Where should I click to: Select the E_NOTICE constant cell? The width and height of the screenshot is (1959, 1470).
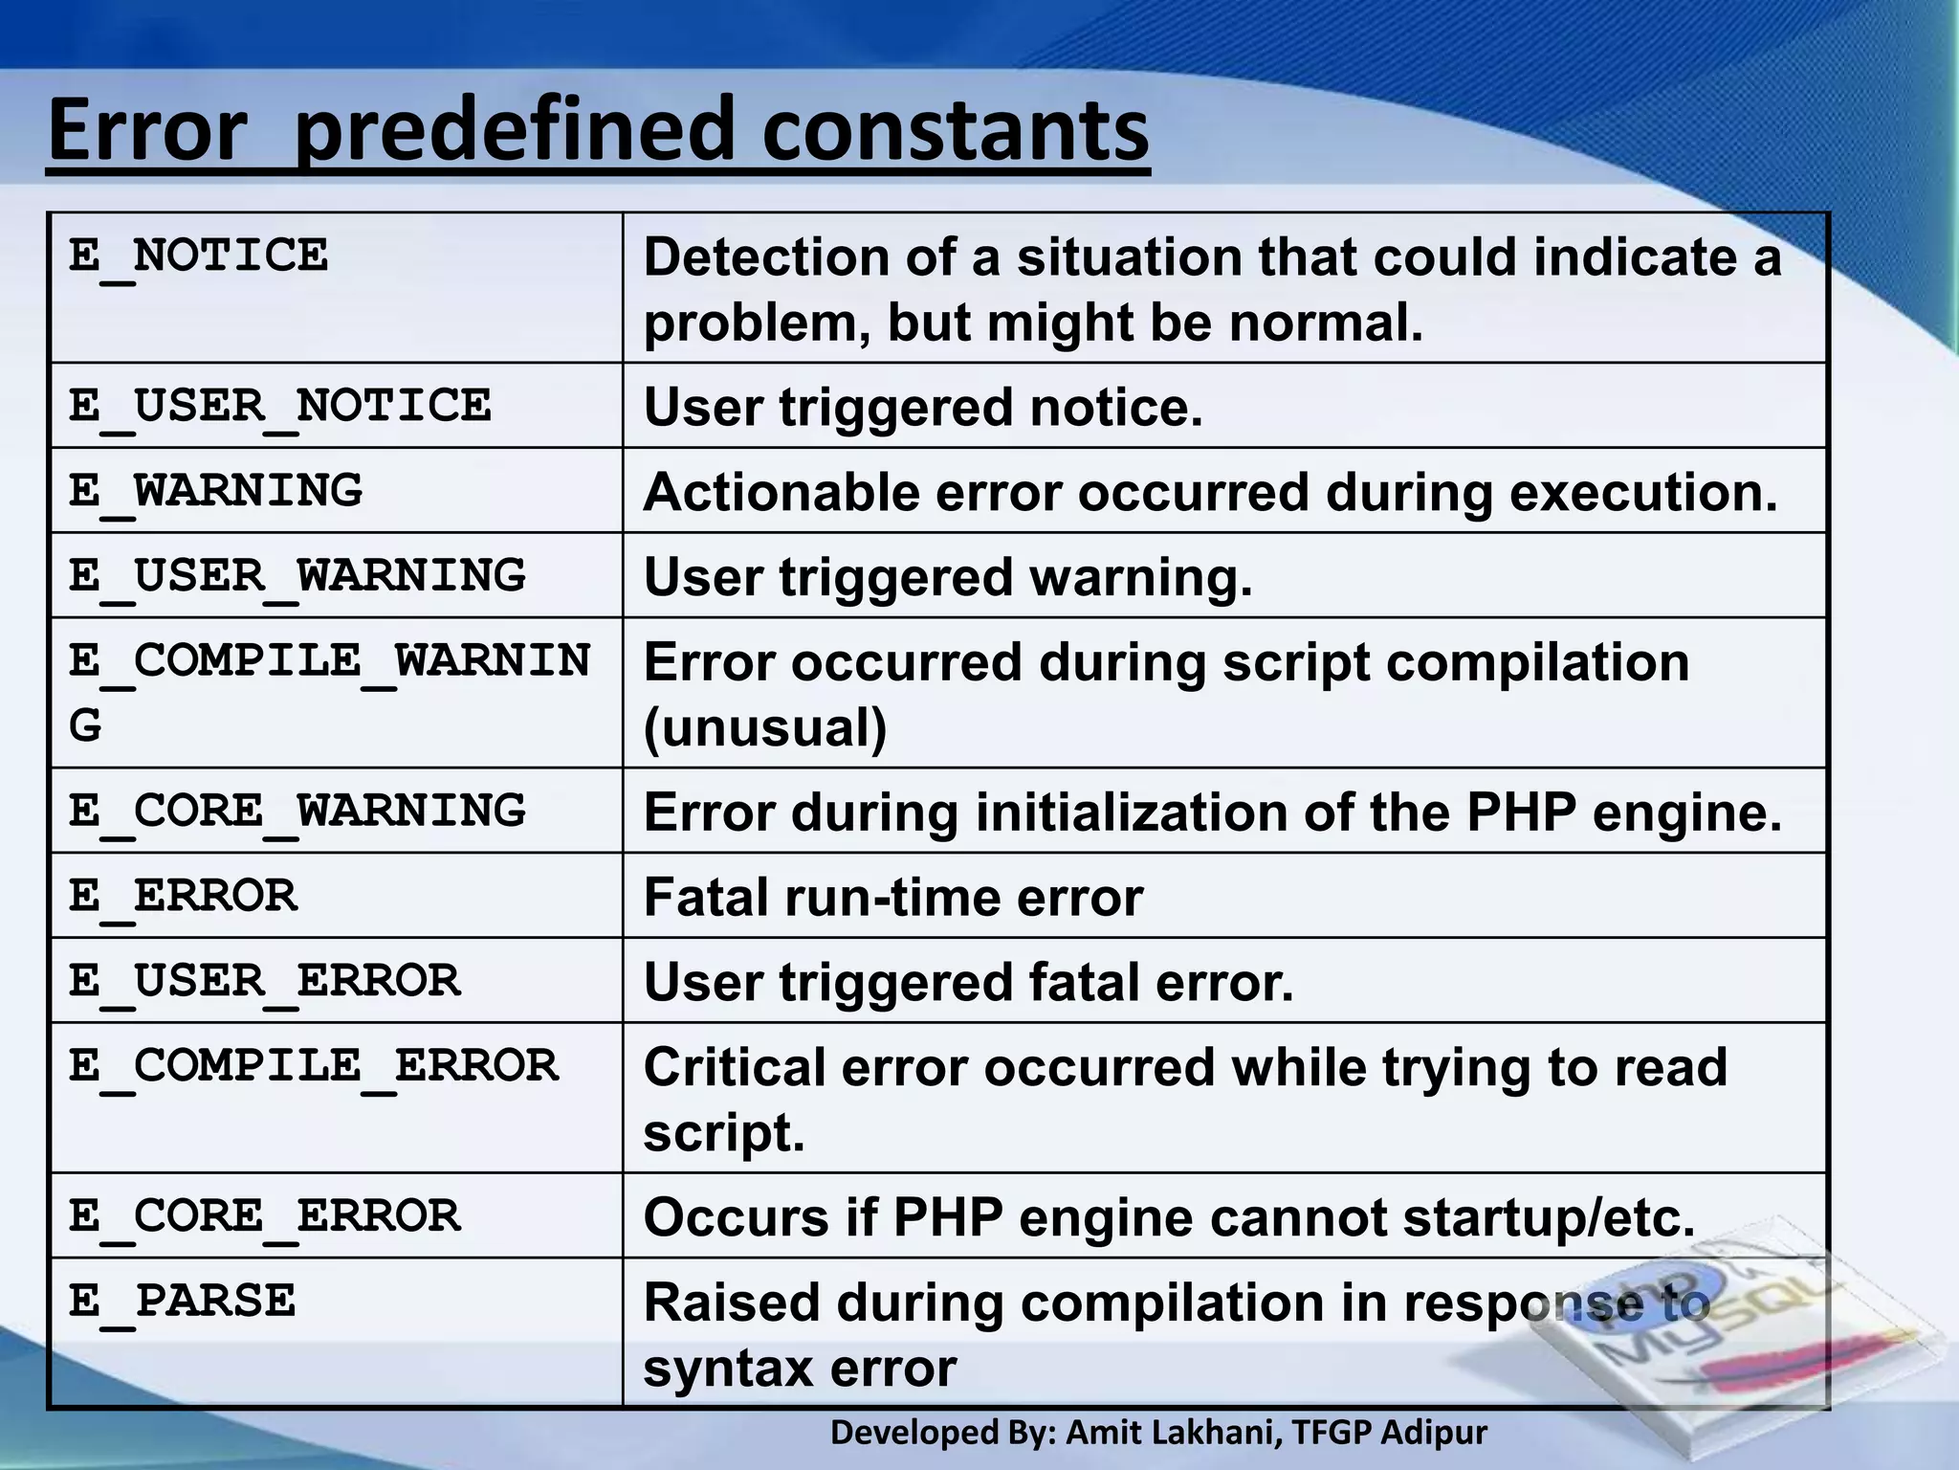(x=198, y=256)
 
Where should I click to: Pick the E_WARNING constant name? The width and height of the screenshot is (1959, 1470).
(x=215, y=491)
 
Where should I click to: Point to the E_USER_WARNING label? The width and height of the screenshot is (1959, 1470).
(x=297, y=576)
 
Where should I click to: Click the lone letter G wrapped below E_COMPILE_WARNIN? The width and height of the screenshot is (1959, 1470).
(x=85, y=724)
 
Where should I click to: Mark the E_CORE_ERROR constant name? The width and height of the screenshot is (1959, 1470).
(x=264, y=1216)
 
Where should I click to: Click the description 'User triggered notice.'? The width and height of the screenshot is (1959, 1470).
(x=923, y=408)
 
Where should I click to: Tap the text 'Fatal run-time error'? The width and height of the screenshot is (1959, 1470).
(x=893, y=898)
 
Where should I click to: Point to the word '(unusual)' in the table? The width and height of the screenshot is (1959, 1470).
(x=765, y=727)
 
